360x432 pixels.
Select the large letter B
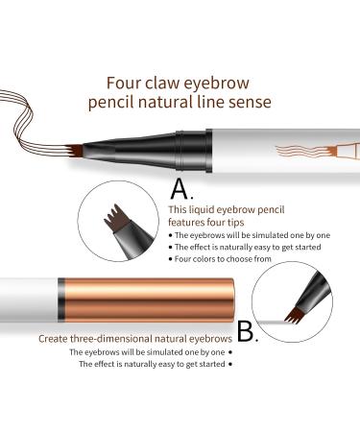click(248, 331)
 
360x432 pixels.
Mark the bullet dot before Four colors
click(171, 259)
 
